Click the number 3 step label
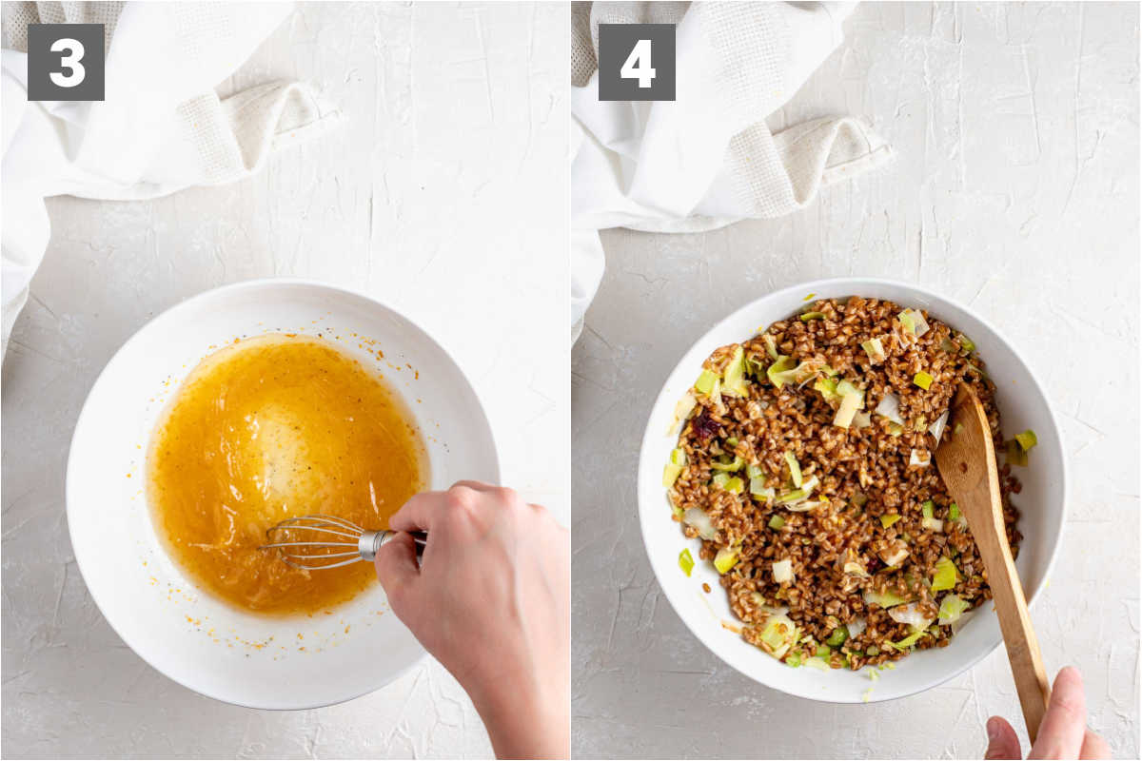(x=66, y=62)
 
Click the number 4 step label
(x=637, y=62)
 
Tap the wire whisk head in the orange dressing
(x=311, y=542)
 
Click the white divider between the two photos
(x=570, y=380)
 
